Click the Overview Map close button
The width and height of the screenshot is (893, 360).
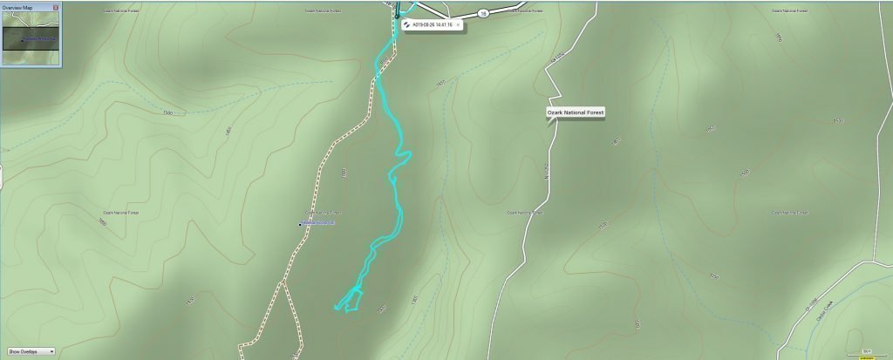click(58, 7)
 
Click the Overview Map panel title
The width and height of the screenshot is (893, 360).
click(17, 7)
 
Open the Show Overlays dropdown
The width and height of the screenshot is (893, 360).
click(31, 351)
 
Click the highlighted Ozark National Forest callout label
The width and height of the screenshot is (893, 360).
click(575, 113)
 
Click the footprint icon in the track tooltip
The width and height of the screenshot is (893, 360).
click(406, 24)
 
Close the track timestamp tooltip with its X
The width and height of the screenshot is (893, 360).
click(459, 24)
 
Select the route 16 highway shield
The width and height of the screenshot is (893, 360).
click(481, 13)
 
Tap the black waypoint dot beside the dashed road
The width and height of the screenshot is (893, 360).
click(300, 225)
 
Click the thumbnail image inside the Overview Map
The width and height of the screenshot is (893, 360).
click(31, 39)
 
